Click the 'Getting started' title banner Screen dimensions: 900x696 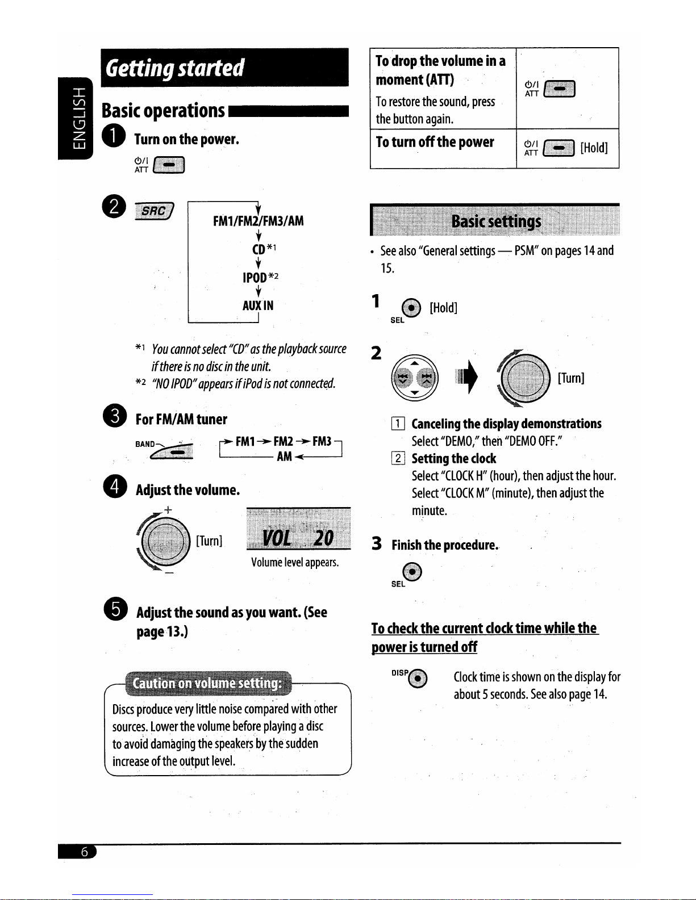point(224,68)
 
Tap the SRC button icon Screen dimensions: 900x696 point(154,211)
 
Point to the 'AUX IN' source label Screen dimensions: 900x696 point(258,305)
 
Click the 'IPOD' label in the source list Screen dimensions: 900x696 point(255,278)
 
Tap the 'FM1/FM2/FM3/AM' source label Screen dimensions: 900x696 point(258,221)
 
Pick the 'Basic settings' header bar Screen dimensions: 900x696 point(494,221)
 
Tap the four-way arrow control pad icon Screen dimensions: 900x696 point(415,377)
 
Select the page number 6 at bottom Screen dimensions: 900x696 point(84,852)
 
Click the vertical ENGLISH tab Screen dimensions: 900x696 point(76,118)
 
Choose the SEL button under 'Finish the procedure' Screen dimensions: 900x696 point(412,571)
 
